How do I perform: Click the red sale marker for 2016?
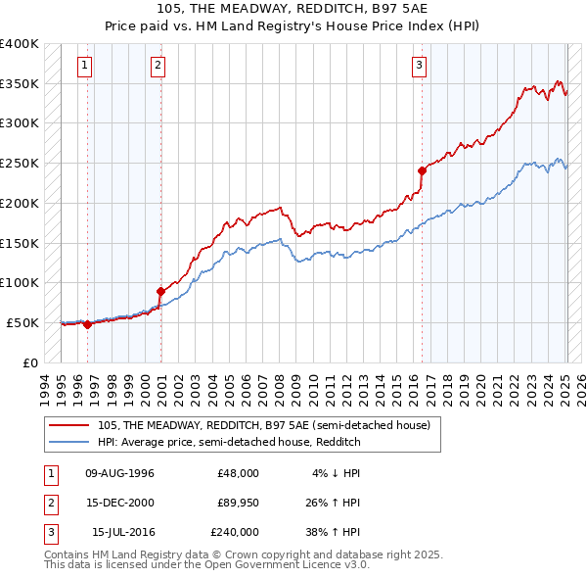click(422, 170)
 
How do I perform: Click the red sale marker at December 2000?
click(160, 291)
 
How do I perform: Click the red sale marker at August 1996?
click(87, 324)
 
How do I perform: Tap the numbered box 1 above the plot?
click(85, 66)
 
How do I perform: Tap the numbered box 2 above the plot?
click(158, 66)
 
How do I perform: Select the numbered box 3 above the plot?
click(419, 66)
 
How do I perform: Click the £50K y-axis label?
click(23, 322)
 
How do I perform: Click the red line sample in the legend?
click(69, 424)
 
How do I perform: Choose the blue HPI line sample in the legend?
click(69, 442)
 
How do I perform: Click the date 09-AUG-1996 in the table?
click(120, 473)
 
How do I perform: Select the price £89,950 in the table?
click(238, 503)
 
